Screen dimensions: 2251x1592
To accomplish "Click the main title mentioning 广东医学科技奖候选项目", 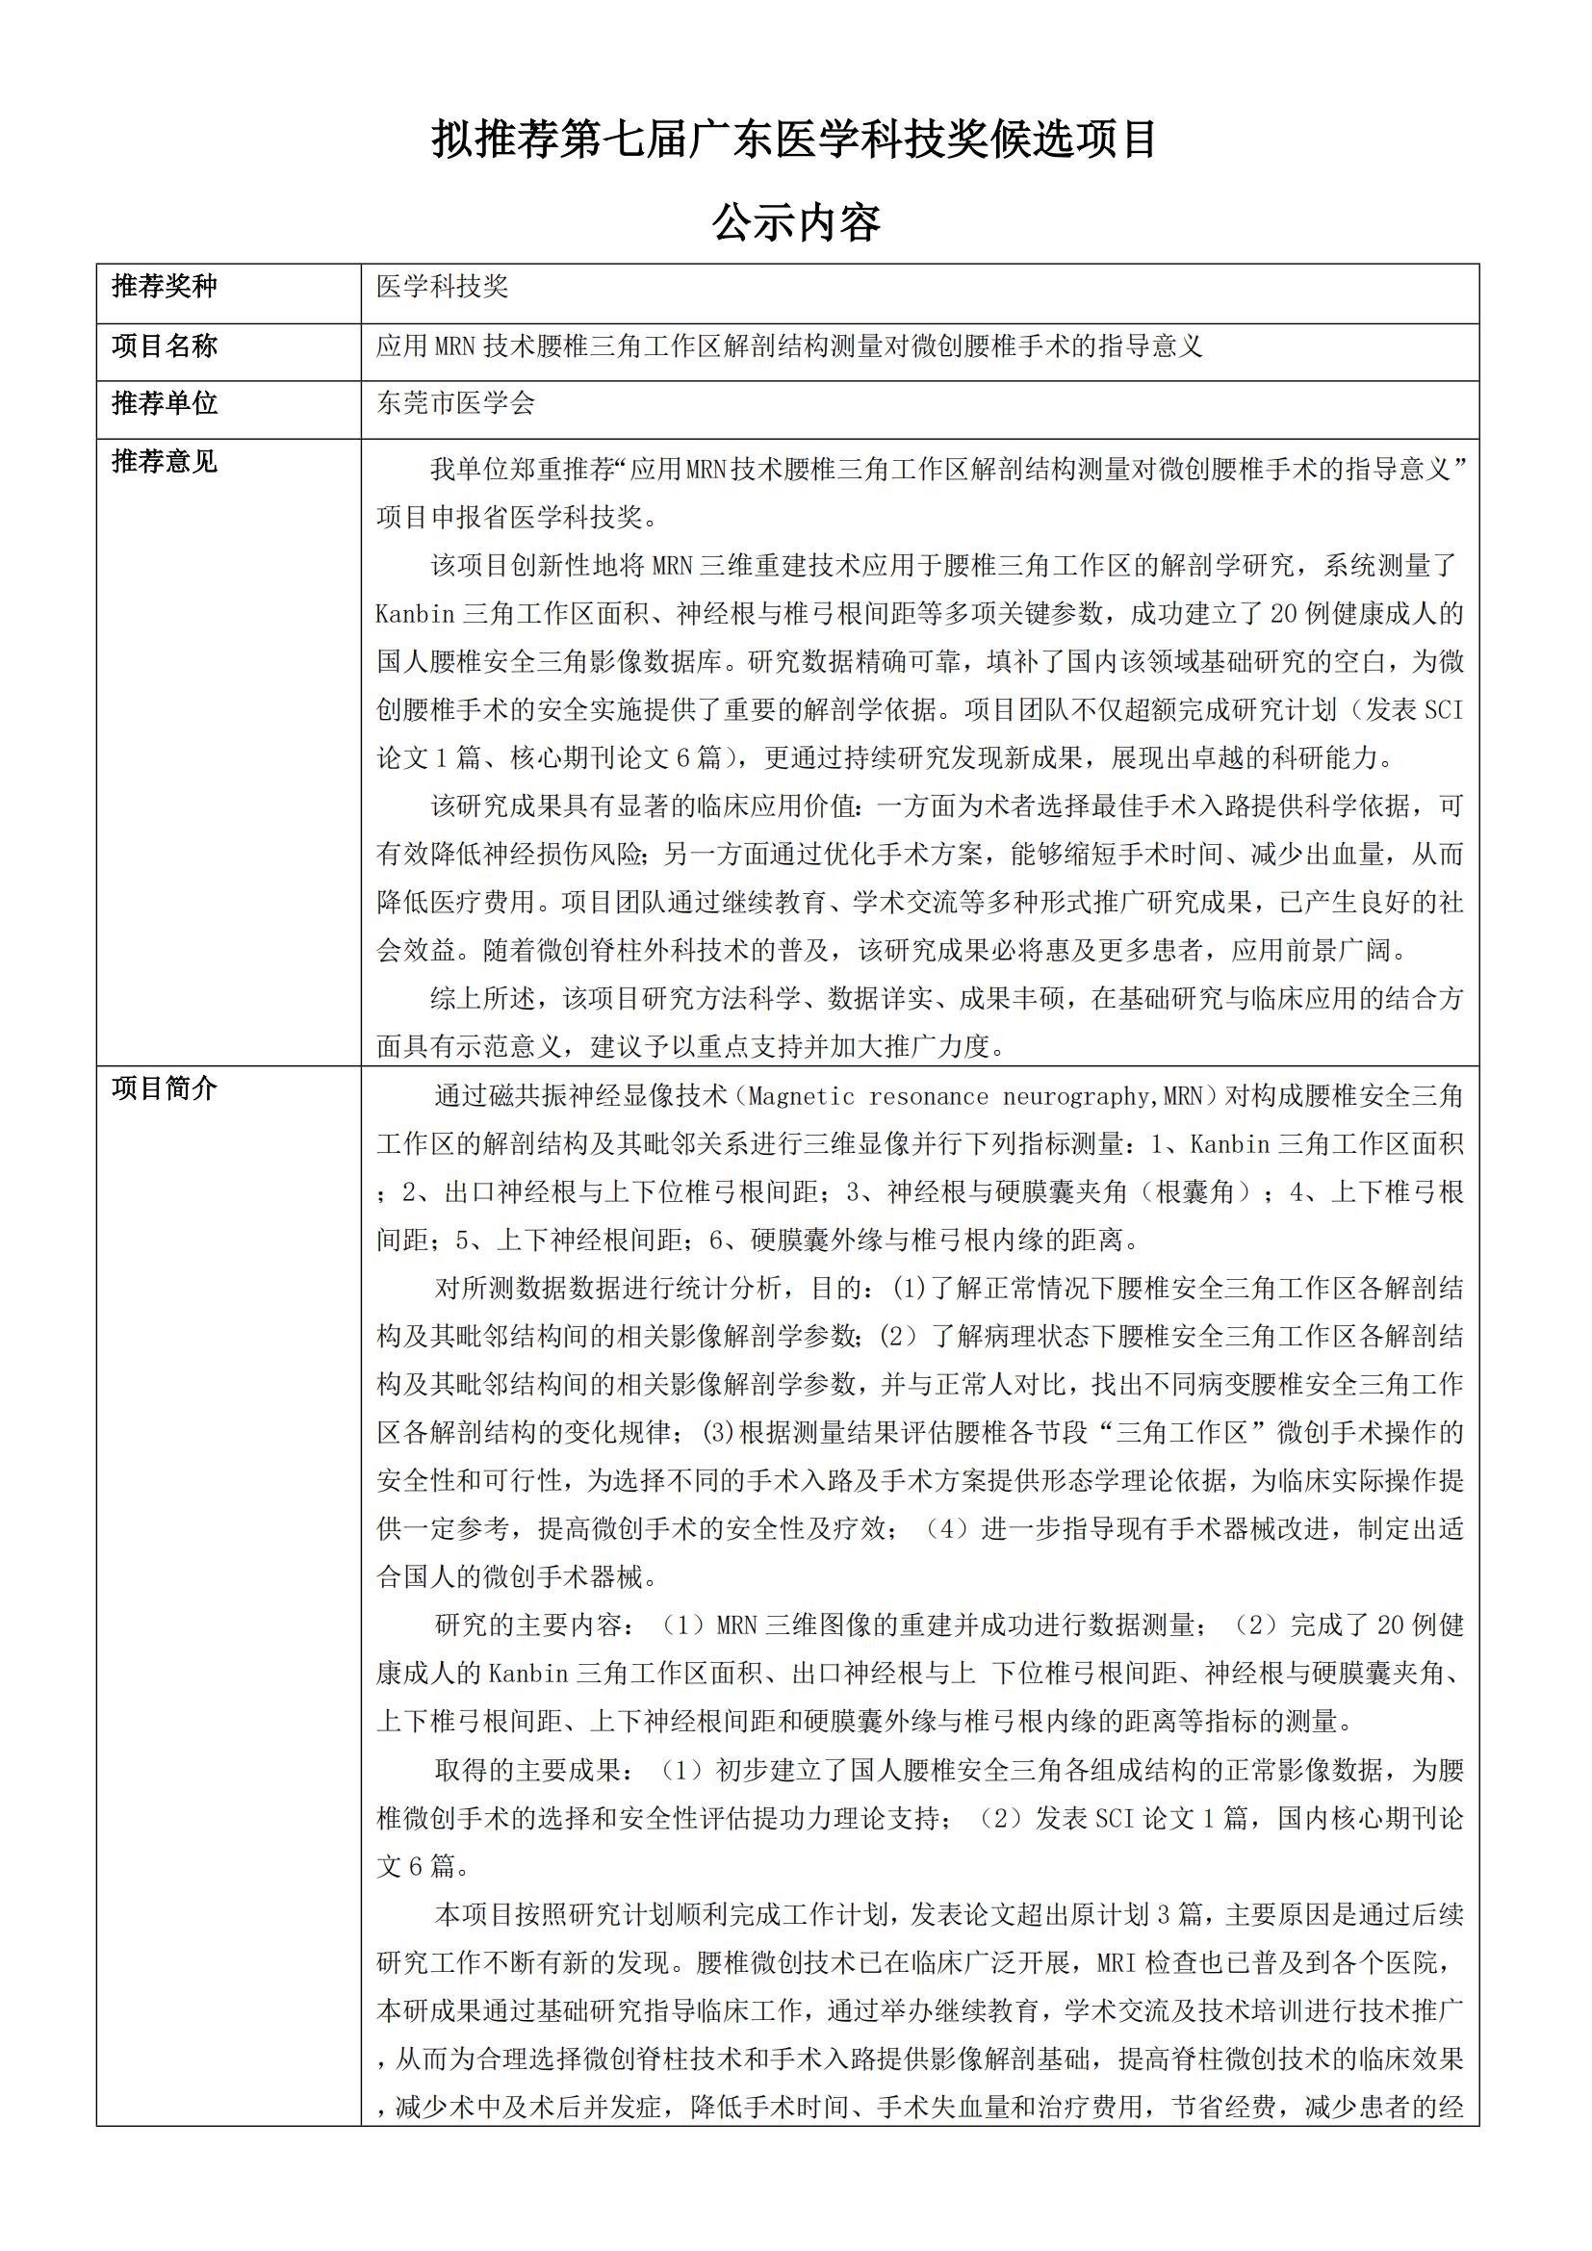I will click(794, 141).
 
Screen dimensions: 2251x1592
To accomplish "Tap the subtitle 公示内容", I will click(795, 223).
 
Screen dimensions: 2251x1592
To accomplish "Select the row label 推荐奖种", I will click(164, 286).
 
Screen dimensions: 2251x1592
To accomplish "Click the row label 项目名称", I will click(164, 345).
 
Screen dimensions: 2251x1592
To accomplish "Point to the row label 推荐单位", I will click(164, 403).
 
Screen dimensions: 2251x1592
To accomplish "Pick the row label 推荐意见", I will click(164, 461).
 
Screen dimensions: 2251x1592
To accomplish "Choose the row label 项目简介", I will click(164, 1088).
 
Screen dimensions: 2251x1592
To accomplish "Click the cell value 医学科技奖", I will click(442, 286).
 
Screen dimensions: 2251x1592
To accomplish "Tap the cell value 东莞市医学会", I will click(456, 403).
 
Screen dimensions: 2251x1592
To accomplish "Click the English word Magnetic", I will click(801, 1096).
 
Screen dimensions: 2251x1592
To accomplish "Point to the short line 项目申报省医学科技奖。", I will click(518, 517).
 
